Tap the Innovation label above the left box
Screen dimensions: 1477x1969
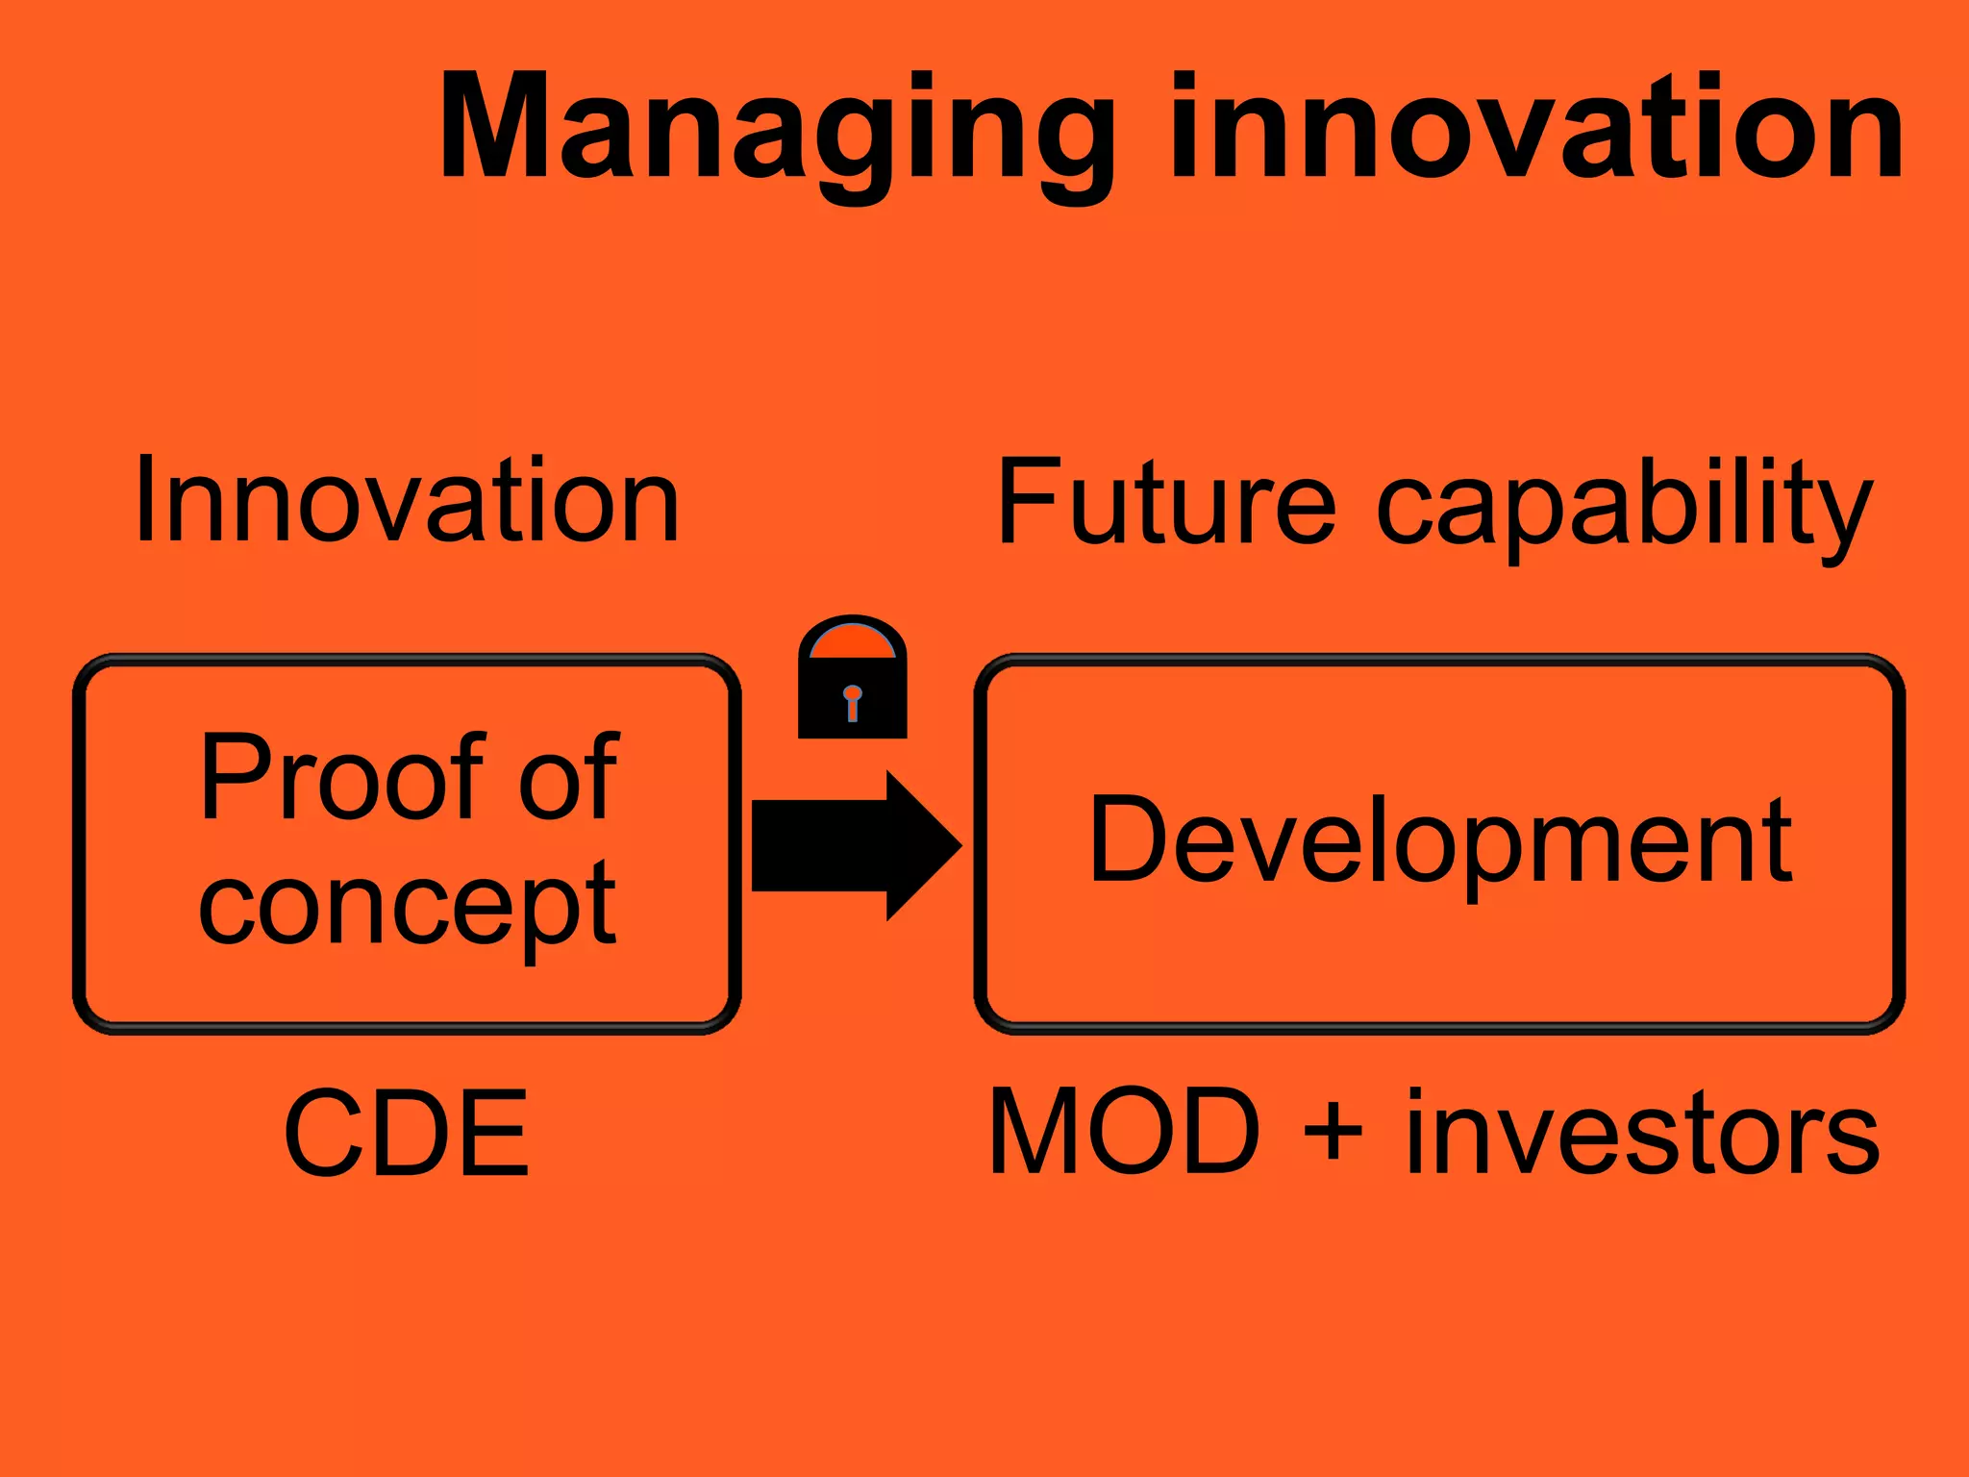(x=408, y=500)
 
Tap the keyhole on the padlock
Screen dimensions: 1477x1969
(x=852, y=701)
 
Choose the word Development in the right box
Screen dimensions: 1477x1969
(x=1440, y=840)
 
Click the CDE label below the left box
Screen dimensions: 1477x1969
(x=406, y=1133)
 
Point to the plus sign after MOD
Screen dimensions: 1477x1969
(x=1333, y=1133)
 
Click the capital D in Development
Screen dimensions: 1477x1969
(x=1125, y=838)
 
